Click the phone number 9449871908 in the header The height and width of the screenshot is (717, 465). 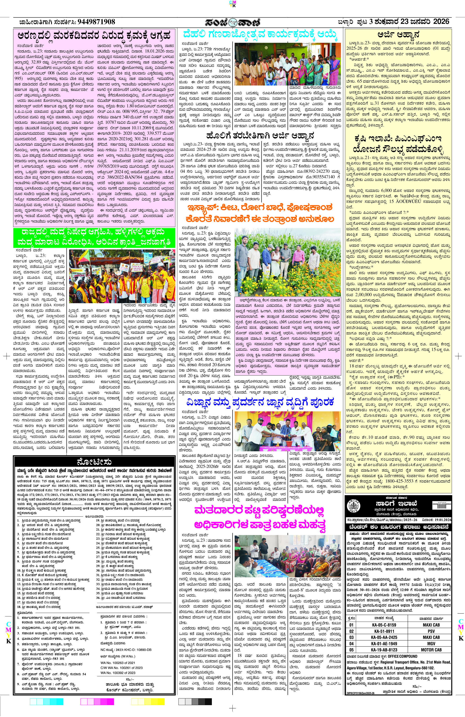(96, 22)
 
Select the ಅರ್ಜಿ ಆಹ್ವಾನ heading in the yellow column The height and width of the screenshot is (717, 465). (398, 34)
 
